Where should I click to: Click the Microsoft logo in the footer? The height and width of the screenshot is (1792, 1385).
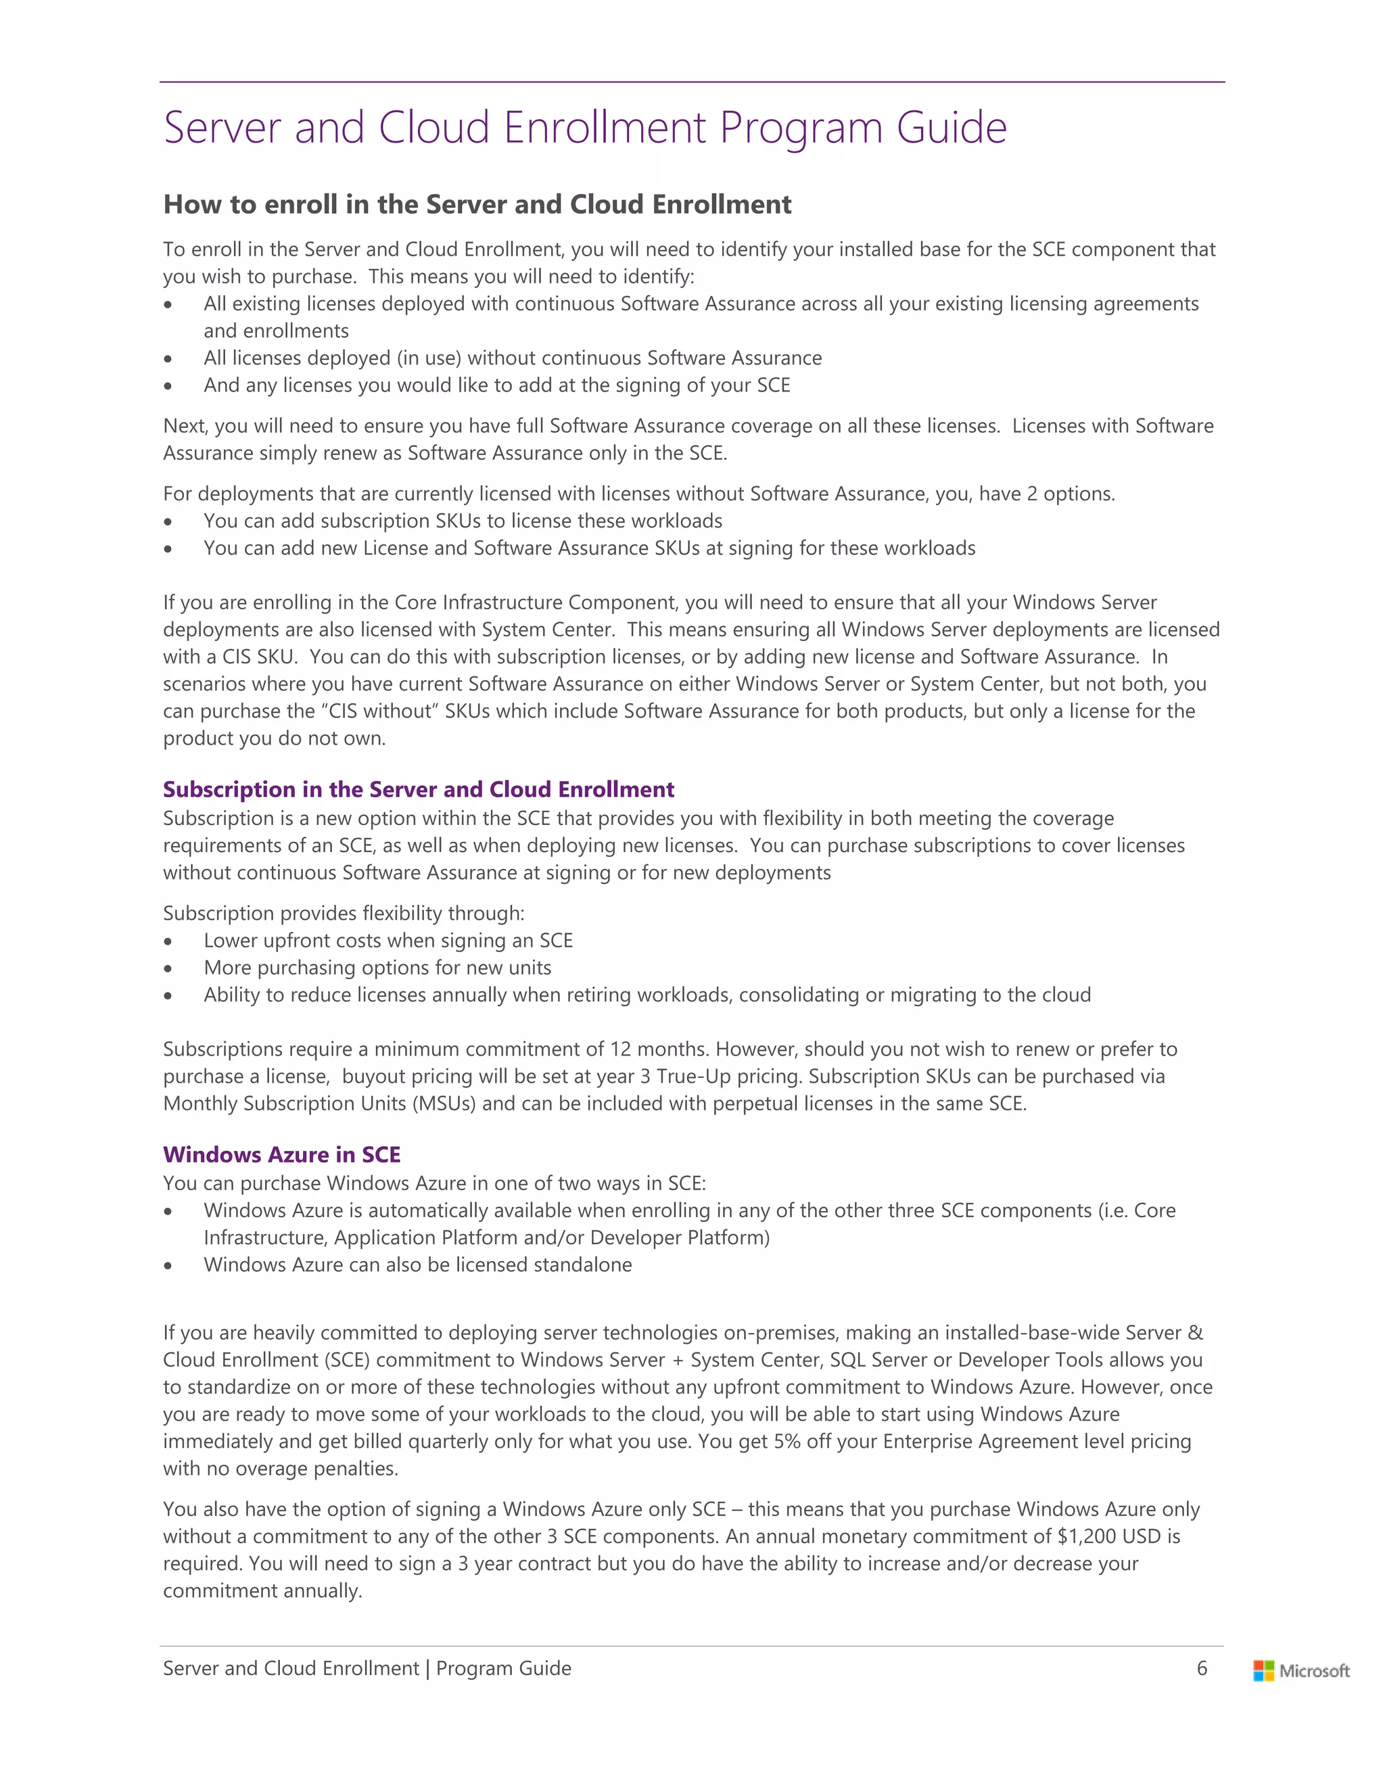click(1300, 1670)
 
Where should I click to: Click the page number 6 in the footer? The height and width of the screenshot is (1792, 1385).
click(1202, 1668)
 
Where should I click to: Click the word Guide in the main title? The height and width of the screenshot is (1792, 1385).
click(951, 128)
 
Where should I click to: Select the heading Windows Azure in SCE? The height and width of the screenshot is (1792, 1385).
click(281, 1154)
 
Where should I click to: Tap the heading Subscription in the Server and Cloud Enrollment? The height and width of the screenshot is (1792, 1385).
click(419, 789)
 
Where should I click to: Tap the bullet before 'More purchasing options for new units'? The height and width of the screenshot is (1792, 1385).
click(168, 969)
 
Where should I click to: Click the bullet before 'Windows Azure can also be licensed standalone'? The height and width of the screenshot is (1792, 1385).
click(168, 1266)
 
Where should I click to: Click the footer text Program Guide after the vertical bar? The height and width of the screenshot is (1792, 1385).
click(504, 1668)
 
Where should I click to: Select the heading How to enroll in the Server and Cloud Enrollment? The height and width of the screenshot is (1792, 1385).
click(477, 204)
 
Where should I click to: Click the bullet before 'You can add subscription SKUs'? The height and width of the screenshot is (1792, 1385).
click(168, 523)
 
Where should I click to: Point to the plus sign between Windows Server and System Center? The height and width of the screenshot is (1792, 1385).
click(678, 1361)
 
